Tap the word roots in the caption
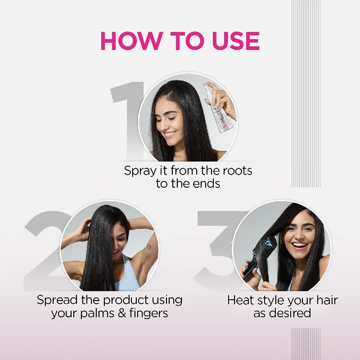236,171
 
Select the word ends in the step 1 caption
207,184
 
